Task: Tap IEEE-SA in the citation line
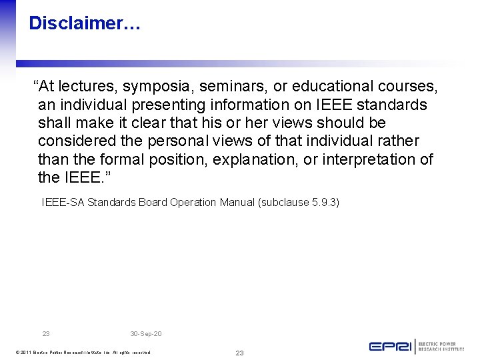[63, 202]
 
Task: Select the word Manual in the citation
[235, 202]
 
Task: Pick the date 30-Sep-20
[146, 333]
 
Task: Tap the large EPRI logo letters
[390, 346]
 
